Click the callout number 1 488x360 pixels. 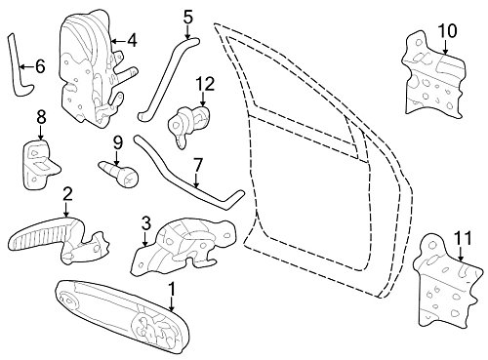coord(172,289)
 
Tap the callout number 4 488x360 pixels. coord(132,41)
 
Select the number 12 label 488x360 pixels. coord(205,84)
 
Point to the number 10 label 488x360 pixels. coord(448,31)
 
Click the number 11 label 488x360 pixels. coord(463,238)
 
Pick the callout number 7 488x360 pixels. coord(198,166)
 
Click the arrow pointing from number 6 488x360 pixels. coord(26,67)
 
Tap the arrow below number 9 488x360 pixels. coord(117,158)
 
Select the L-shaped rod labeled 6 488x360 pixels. coord(20,66)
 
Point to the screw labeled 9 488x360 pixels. coord(120,174)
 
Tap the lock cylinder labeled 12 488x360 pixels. coord(188,125)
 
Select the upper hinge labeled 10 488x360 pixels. coord(433,76)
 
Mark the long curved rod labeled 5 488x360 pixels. coord(167,77)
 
